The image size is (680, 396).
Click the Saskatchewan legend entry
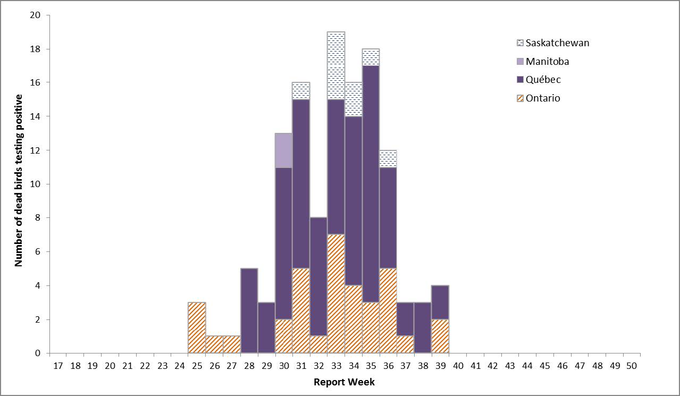(x=557, y=43)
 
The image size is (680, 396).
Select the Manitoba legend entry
(x=547, y=61)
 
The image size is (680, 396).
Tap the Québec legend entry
(x=543, y=80)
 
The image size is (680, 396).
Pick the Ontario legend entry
(x=542, y=98)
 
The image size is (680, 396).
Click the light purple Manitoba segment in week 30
(x=284, y=150)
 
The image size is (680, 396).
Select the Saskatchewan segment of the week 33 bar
(x=336, y=65)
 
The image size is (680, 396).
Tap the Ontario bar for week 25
(x=197, y=327)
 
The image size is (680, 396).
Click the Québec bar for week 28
(x=249, y=310)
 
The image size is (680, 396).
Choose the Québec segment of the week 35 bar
(x=371, y=183)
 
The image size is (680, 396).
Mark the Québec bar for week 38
(x=423, y=327)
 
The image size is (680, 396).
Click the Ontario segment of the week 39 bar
(x=440, y=336)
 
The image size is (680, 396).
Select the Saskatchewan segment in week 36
(x=388, y=158)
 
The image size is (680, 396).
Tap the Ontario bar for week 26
(x=214, y=344)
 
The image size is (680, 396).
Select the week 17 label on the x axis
(x=58, y=366)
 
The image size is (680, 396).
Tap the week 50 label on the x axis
(x=632, y=366)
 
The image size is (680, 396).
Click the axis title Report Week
(x=344, y=382)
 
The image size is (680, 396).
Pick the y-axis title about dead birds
(x=19, y=181)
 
